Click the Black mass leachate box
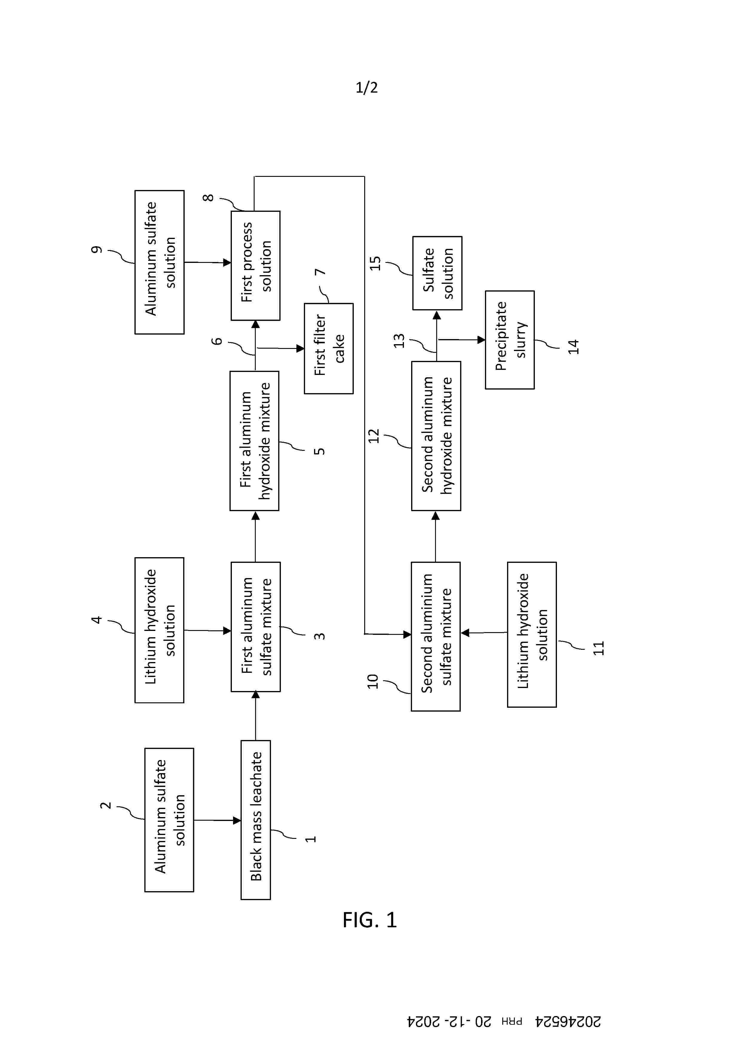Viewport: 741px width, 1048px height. [x=256, y=819]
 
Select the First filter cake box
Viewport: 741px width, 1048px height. [x=329, y=348]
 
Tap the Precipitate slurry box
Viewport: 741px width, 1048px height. [x=509, y=340]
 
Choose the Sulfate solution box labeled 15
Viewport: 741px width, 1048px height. [x=437, y=273]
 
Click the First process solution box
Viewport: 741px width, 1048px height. [x=256, y=265]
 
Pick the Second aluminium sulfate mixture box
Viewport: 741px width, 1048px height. [x=436, y=636]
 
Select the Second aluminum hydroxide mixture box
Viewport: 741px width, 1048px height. [x=436, y=436]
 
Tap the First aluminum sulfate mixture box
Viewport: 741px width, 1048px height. [x=256, y=627]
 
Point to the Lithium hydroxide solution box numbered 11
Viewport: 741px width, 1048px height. [x=532, y=635]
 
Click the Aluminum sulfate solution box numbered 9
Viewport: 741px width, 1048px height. [x=159, y=262]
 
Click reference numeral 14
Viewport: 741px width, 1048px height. [x=573, y=347]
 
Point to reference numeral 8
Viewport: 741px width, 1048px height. [x=208, y=198]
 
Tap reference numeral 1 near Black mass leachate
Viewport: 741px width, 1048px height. [x=310, y=839]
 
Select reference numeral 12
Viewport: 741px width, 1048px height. [x=374, y=436]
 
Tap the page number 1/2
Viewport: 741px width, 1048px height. [x=367, y=87]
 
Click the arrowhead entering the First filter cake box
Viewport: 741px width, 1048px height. [x=300, y=348]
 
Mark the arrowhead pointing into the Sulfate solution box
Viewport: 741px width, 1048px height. [x=437, y=315]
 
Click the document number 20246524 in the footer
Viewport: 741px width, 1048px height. [x=568, y=1021]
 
